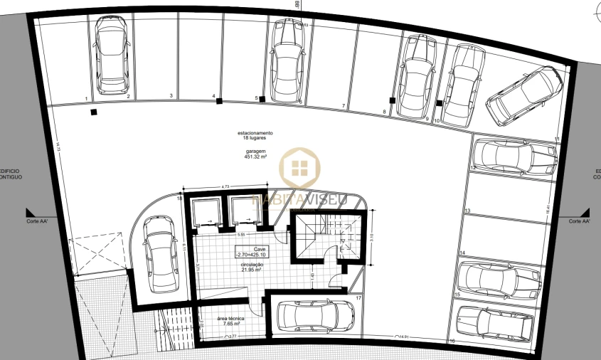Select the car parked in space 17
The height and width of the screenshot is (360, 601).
click(x=315, y=316)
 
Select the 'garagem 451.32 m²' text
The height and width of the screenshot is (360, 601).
click(x=255, y=155)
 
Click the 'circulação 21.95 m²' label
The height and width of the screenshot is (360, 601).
click(x=250, y=268)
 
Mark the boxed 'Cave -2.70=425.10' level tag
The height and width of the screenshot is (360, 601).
click(x=250, y=251)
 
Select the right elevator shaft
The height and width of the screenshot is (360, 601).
click(x=243, y=211)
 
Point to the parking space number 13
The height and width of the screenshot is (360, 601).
click(x=467, y=211)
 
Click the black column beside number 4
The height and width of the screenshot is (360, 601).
click(x=219, y=101)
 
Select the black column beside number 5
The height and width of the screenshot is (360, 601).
click(x=262, y=98)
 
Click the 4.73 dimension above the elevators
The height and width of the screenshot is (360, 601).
click(x=225, y=186)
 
